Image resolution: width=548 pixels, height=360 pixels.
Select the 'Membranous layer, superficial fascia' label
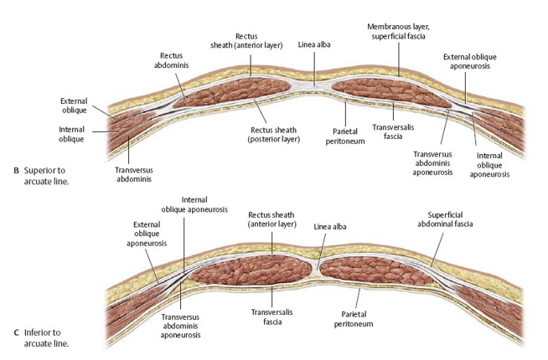(398, 32)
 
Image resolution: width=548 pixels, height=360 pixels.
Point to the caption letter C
(17, 332)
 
